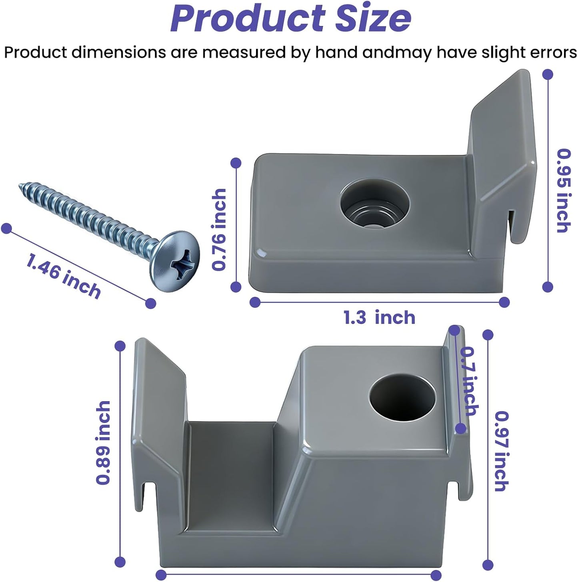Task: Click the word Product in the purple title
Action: point(248,18)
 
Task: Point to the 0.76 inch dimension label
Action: point(219,230)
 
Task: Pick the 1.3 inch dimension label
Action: point(380,318)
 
